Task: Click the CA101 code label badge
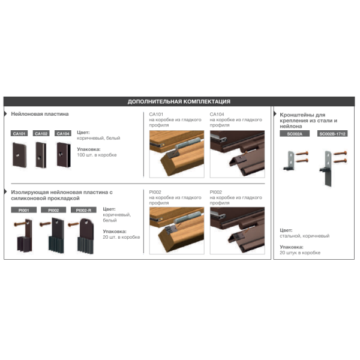tap(19, 133)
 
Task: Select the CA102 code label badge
tap(41, 133)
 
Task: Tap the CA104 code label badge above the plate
tap(63, 133)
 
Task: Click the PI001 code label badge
tap(23, 210)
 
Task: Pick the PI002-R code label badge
tap(83, 210)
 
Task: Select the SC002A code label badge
tap(295, 134)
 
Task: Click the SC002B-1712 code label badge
tap(332, 134)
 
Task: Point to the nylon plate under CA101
tap(19, 155)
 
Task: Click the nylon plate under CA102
tap(41, 155)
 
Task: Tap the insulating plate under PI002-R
tap(86, 236)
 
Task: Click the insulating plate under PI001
tap(25, 236)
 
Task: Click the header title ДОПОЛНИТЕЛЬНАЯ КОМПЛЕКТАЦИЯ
tap(179, 101)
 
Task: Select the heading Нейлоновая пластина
tap(40, 114)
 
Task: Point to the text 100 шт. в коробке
tap(97, 155)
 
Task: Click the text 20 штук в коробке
tap(300, 253)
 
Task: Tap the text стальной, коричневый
tap(304, 236)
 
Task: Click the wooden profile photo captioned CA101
tap(177, 154)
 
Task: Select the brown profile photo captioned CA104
tap(238, 154)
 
